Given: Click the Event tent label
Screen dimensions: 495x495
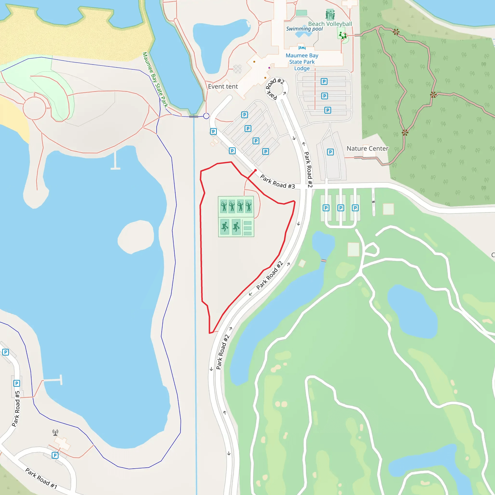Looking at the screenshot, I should click(223, 87).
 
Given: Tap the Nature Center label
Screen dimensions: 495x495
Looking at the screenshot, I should click(367, 149).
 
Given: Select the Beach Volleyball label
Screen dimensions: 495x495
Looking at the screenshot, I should click(330, 24).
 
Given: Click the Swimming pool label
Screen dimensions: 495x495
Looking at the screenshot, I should click(304, 29).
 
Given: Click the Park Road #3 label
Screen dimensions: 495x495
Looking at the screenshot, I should click(277, 182).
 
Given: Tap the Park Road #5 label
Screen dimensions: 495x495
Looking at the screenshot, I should click(16, 408).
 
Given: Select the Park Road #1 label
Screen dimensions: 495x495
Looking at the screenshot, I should click(41, 478).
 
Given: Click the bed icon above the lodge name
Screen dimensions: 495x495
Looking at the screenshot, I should click(302, 48).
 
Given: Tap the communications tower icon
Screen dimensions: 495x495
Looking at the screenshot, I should click(55, 432).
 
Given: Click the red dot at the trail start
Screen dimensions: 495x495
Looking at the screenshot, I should click(255, 170).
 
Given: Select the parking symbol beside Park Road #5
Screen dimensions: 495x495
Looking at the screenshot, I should click(17, 383).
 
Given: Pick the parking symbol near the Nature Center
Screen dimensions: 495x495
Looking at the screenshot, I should click(330, 152).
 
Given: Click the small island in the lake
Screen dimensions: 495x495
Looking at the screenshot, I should click(136, 237).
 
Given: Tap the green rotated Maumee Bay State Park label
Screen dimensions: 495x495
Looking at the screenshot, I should click(155, 80).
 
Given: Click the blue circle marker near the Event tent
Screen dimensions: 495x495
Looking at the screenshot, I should click(206, 116).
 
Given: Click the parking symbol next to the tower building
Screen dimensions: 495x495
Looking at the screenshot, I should click(55, 455).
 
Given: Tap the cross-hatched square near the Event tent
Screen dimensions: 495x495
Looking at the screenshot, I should click(238, 69).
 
